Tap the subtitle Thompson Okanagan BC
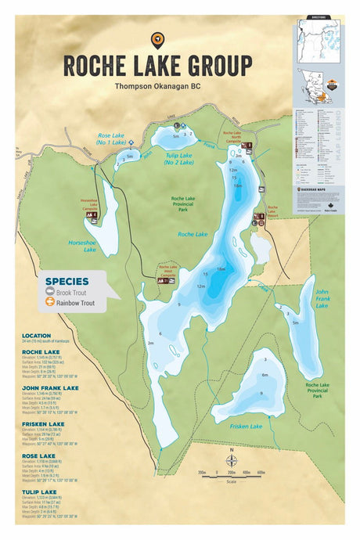(x=157, y=87)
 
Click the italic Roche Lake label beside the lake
(x=192, y=234)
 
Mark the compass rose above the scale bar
(x=230, y=462)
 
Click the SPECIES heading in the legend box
(x=66, y=280)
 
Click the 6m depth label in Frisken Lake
(x=265, y=375)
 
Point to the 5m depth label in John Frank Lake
(x=294, y=322)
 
